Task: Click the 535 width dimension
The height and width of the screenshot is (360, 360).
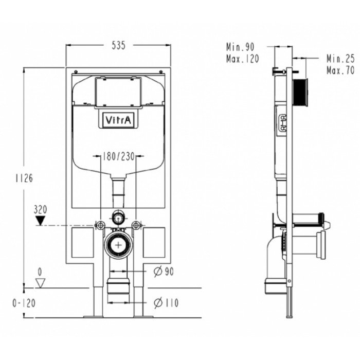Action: tap(118, 45)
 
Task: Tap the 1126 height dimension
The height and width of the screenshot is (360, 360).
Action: tap(24, 178)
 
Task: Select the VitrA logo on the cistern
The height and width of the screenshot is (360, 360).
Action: tap(118, 120)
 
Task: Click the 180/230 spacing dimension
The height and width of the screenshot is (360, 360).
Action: tap(118, 156)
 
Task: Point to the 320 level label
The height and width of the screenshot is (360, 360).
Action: tap(41, 209)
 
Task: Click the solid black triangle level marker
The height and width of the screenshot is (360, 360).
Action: tap(41, 221)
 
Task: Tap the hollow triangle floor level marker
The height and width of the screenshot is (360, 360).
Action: tap(41, 283)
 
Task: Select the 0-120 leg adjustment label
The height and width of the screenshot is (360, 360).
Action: tap(24, 303)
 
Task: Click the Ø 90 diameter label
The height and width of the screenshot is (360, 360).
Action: tap(164, 272)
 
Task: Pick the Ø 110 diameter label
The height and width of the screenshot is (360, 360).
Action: tap(166, 302)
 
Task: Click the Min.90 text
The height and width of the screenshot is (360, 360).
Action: tap(240, 47)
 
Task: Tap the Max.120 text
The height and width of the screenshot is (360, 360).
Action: tap(242, 59)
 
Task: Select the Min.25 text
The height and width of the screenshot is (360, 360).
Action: tap(340, 59)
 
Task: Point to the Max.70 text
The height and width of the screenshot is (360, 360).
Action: tap(340, 70)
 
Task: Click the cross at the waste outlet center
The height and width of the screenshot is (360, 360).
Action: tap(118, 245)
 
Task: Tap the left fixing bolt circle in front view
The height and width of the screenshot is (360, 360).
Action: tap(100, 225)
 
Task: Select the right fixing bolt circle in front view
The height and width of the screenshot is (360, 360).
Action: tap(136, 225)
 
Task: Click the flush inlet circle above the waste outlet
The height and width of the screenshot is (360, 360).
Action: tap(118, 217)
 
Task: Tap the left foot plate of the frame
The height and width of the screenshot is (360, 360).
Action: tap(94, 317)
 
